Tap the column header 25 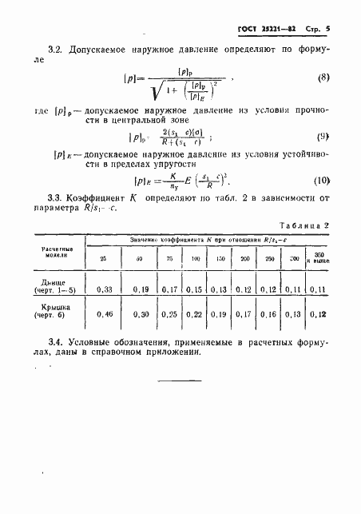102,258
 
